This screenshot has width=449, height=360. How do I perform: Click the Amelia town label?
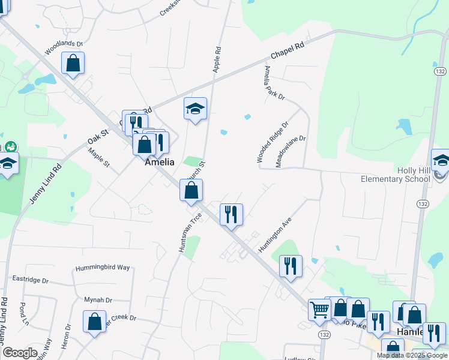(160, 162)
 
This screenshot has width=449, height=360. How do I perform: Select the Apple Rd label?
(217, 60)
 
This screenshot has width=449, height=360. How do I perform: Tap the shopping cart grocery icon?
(319, 309)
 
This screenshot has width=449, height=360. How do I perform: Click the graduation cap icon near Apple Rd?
(195, 109)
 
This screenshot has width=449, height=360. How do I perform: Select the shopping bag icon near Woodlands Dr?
(73, 63)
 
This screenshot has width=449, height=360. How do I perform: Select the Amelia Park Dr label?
(273, 83)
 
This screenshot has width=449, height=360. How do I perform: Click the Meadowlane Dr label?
(291, 151)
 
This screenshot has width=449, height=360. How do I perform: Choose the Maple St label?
(99, 158)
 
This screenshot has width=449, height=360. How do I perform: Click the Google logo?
(20, 353)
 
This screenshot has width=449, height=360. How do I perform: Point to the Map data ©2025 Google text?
(411, 355)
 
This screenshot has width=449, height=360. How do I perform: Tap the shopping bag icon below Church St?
(191, 191)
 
